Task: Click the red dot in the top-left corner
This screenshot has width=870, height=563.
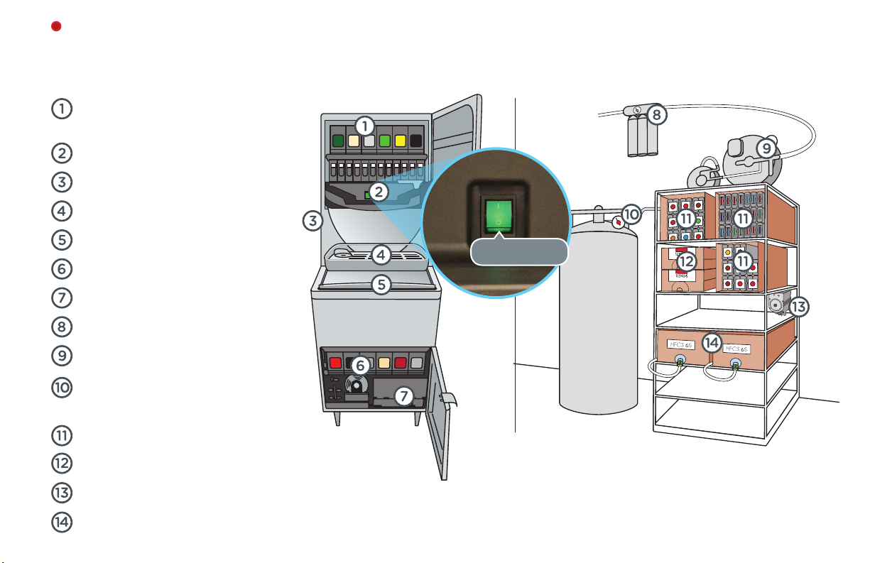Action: [56, 26]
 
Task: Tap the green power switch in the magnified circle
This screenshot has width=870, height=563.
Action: [499, 216]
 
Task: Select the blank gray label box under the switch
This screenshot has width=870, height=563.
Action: [519, 251]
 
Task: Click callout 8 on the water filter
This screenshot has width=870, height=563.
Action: [657, 114]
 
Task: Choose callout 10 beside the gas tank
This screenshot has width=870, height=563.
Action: [631, 214]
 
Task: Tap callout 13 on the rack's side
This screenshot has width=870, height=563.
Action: [798, 307]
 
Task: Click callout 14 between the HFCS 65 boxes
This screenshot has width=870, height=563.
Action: [712, 342]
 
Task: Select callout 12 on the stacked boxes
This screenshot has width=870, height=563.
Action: [686, 261]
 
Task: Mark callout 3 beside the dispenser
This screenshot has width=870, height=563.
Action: [312, 221]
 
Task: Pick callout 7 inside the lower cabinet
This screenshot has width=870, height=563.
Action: [404, 396]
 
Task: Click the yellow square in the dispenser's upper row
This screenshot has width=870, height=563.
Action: [400, 141]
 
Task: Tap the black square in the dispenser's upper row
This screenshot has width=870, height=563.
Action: [416, 141]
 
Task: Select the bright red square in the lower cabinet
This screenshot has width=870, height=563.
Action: [335, 363]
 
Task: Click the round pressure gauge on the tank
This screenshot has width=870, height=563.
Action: [618, 222]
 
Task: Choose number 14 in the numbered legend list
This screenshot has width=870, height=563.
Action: [62, 522]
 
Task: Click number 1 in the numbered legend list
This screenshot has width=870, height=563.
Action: [62, 109]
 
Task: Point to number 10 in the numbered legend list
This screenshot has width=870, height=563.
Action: [62, 388]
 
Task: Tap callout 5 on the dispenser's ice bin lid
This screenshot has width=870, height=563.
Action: [381, 285]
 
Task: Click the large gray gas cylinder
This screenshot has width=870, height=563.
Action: [598, 318]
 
